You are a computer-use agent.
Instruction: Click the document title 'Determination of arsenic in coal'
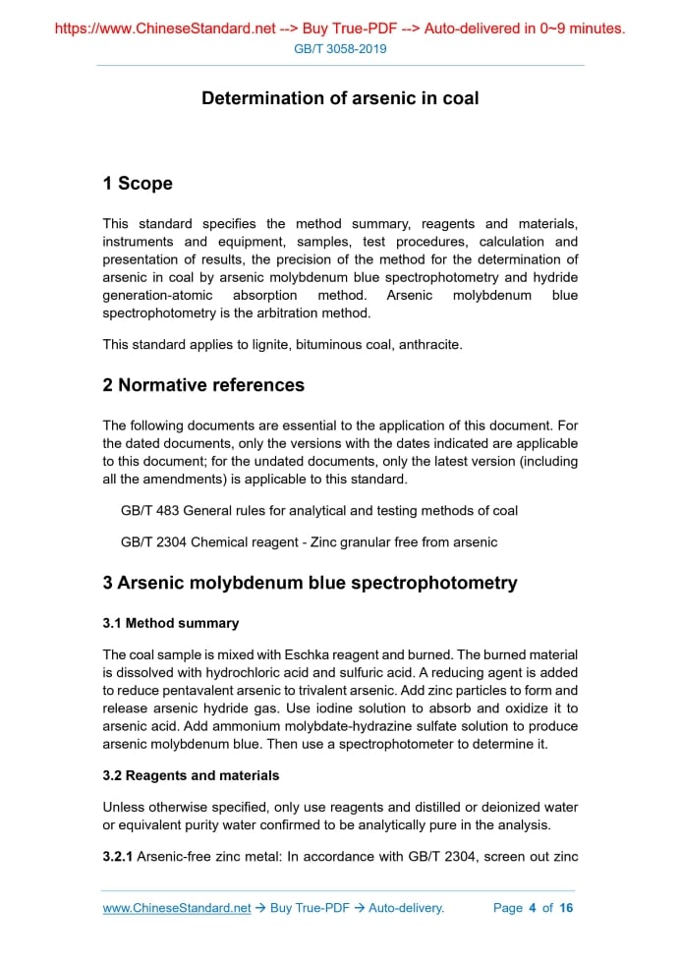point(340,98)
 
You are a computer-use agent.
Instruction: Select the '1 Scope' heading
point(138,184)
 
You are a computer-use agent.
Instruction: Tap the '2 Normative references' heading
point(203,385)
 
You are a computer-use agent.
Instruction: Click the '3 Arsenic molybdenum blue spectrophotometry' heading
point(310,583)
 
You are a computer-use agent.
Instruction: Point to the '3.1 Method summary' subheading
point(171,623)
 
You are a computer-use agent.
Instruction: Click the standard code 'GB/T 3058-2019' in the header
point(340,48)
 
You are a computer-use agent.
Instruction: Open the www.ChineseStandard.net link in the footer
point(177,908)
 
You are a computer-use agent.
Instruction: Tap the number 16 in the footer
point(566,908)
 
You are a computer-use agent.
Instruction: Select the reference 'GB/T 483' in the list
point(149,511)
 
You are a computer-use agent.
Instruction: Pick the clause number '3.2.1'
point(118,857)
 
